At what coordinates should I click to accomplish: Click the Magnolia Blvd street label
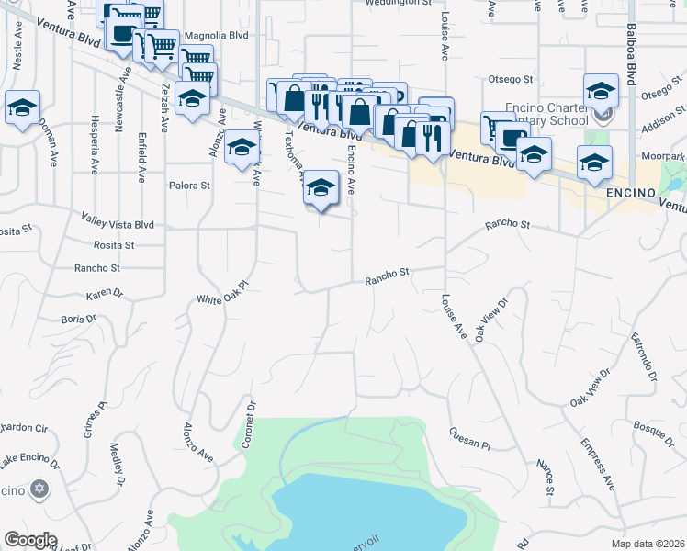tap(217, 36)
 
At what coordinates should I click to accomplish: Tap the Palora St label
tap(190, 185)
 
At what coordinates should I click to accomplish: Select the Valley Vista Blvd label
tap(118, 224)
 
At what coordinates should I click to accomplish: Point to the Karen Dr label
tap(104, 295)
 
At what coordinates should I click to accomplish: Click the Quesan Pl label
tap(470, 437)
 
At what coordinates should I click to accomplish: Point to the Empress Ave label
tap(596, 464)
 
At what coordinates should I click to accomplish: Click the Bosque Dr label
tap(655, 427)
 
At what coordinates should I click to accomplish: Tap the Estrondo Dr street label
tap(644, 362)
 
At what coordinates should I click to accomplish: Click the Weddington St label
tap(398, 3)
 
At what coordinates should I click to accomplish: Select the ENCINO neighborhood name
tap(629, 195)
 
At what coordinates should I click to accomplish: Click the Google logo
tap(30, 540)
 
